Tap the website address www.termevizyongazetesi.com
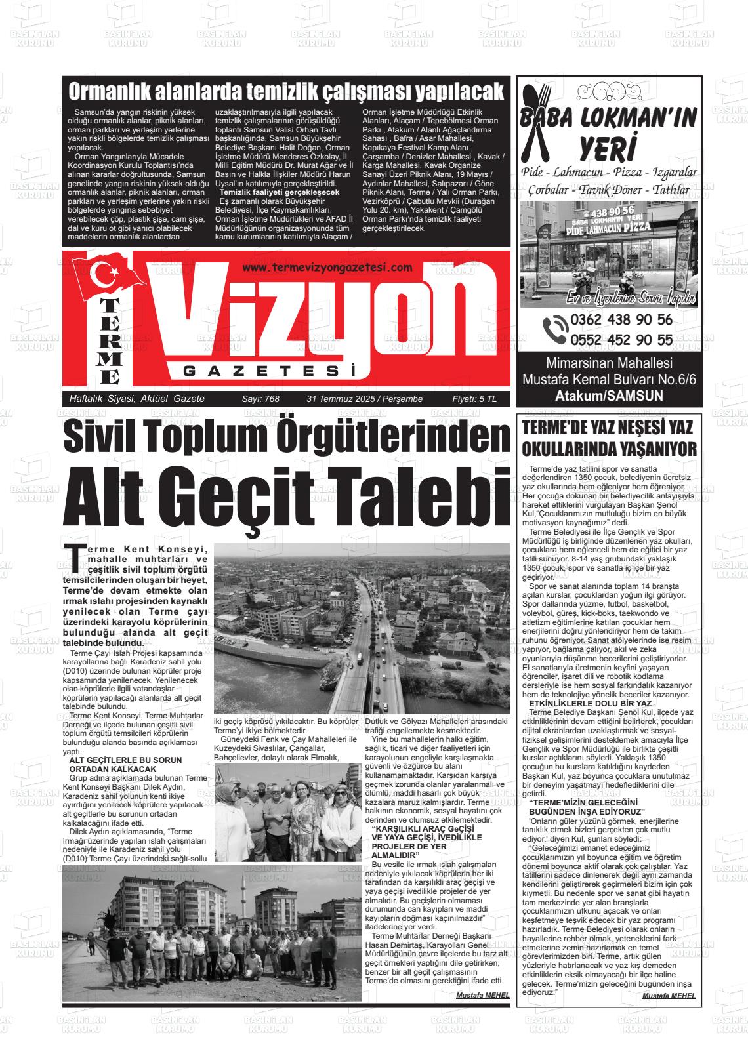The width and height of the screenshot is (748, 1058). pyautogui.click(x=327, y=267)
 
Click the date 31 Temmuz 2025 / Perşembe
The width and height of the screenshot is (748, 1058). pyautogui.click(x=364, y=399)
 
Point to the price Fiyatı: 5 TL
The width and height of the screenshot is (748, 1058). pyautogui.click(x=474, y=399)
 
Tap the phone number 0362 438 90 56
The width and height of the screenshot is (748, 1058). pyautogui.click(x=621, y=320)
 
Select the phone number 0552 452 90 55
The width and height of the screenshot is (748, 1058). pyautogui.click(x=621, y=340)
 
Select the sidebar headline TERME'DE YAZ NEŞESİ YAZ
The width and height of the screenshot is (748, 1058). pyautogui.click(x=608, y=428)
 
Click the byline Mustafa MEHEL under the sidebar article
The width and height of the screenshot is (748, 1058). pyautogui.click(x=669, y=995)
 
